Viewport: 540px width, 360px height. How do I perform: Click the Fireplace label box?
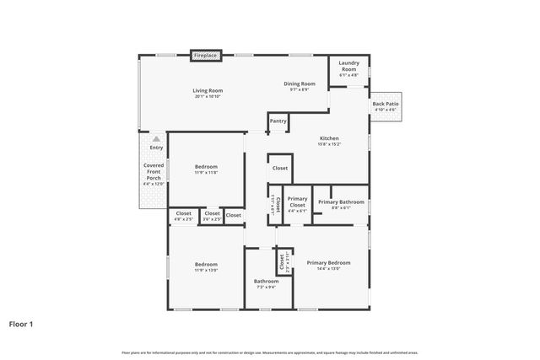point(206,56)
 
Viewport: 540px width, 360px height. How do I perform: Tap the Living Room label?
point(207,90)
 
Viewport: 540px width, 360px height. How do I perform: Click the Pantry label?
point(278,121)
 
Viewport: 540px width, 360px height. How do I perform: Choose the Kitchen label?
point(328,138)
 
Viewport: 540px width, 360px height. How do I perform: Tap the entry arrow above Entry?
point(156,138)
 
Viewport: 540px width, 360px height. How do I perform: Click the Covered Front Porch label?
point(153,172)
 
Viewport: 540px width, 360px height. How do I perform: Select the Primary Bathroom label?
point(341,202)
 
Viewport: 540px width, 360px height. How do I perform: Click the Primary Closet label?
point(297,202)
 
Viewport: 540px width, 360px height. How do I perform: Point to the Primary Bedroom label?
point(328,262)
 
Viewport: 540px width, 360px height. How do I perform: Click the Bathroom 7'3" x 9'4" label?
point(266,281)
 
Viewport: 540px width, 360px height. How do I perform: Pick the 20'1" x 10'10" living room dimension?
point(207,97)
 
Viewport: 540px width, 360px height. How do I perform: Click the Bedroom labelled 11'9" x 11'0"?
point(206,166)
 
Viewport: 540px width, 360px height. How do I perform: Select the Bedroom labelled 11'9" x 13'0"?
point(206,264)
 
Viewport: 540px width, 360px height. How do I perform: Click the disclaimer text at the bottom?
point(270,352)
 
